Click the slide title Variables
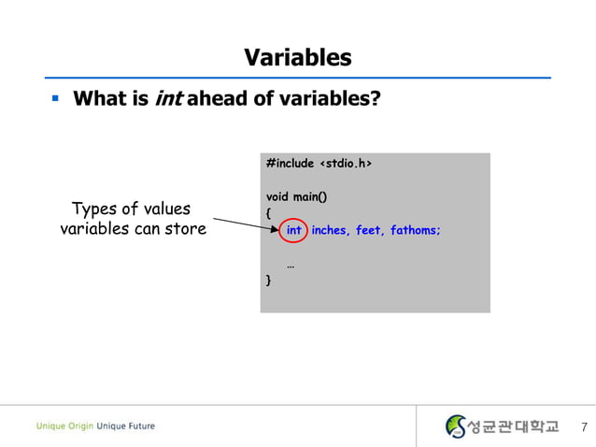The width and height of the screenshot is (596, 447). (297, 58)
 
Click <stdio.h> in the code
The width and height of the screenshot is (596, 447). (346, 164)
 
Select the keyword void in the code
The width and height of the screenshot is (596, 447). (277, 197)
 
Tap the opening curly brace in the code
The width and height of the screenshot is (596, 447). (269, 213)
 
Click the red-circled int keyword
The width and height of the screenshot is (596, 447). (293, 230)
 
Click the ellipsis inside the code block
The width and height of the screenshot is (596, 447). (291, 265)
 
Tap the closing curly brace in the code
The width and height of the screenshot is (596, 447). (269, 280)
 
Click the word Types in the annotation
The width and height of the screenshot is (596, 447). (95, 209)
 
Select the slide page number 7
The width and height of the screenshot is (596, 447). (584, 427)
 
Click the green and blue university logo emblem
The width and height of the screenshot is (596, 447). (456, 426)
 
